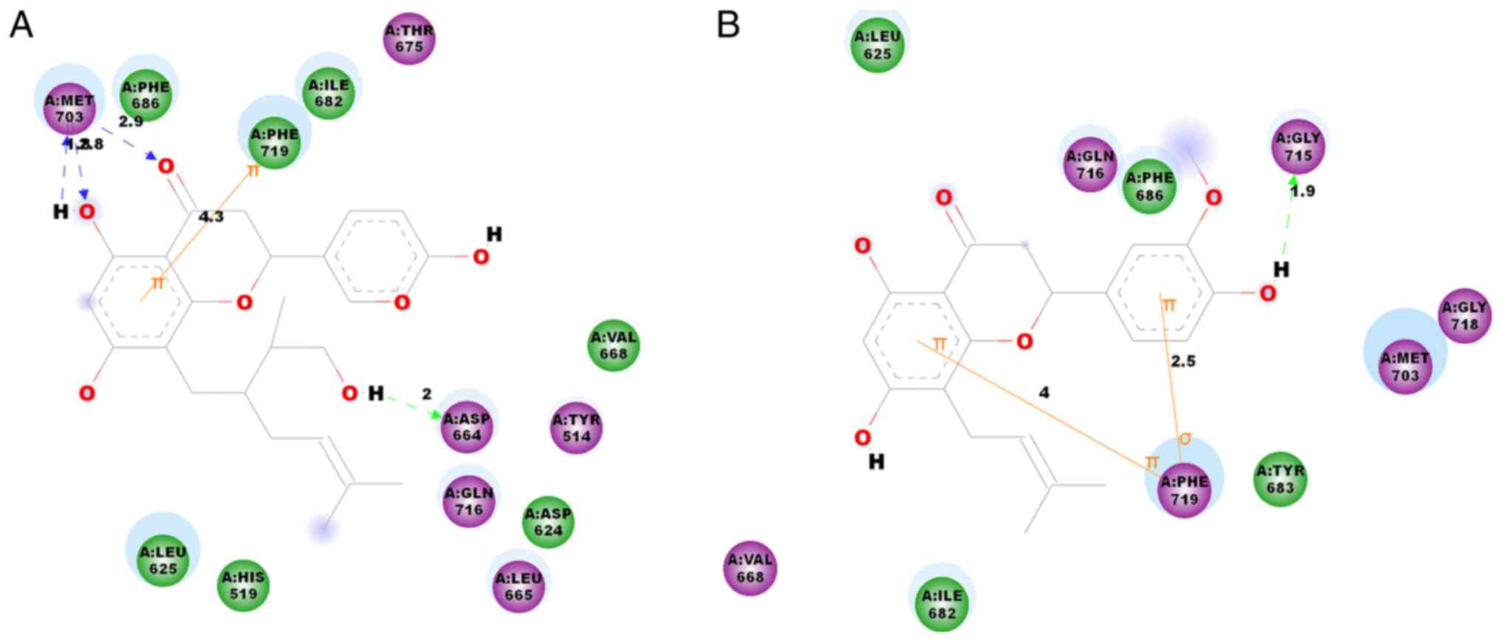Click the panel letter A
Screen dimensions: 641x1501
pyautogui.click(x=21, y=26)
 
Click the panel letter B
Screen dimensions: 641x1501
pyautogui.click(x=728, y=26)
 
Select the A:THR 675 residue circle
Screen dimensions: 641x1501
pyautogui.click(x=409, y=38)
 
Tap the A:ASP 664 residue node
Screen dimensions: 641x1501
pyautogui.click(x=467, y=427)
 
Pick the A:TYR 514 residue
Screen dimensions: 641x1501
pyautogui.click(x=576, y=428)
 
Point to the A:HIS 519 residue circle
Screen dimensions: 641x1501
pyautogui.click(x=244, y=585)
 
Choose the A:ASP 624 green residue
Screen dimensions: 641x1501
pyautogui.click(x=548, y=522)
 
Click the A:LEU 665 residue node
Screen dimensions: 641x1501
pyautogui.click(x=519, y=586)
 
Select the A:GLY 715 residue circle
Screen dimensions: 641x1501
pyautogui.click(x=1298, y=146)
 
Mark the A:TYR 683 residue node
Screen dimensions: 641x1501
pyautogui.click(x=1280, y=479)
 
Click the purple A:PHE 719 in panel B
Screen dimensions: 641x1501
pyautogui.click(x=1183, y=490)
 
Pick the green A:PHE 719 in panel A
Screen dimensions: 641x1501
pyautogui.click(x=274, y=143)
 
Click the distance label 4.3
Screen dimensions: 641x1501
pyautogui.click(x=211, y=216)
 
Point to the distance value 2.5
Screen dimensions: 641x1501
pyautogui.click(x=1183, y=361)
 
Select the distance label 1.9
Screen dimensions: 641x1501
pyautogui.click(x=1302, y=191)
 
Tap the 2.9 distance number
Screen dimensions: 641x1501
pyautogui.click(x=131, y=122)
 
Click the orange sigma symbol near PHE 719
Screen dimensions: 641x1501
pyautogui.click(x=1185, y=439)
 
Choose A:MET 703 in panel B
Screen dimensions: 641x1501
pyautogui.click(x=1404, y=367)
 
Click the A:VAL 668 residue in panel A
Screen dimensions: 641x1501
pyautogui.click(x=613, y=346)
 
